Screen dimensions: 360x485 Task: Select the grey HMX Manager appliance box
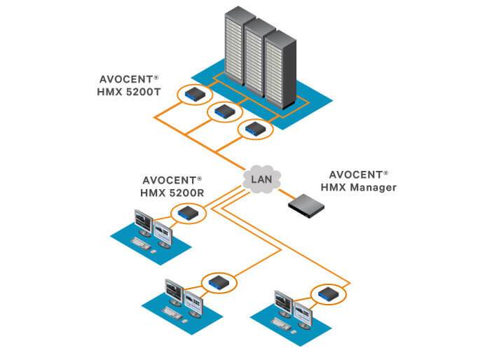click(309, 202)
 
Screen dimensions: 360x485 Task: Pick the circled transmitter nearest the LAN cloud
click(254, 129)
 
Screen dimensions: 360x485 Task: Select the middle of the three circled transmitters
click(224, 111)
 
